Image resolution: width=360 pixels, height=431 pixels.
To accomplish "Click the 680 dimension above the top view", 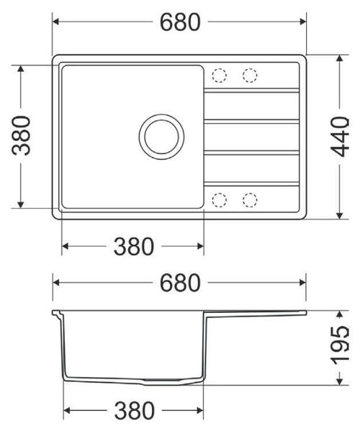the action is pyautogui.click(x=180, y=22).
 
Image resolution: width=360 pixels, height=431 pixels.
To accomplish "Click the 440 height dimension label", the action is pyautogui.click(x=340, y=137).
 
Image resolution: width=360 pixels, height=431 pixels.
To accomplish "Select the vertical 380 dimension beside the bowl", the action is pyautogui.click(x=21, y=135).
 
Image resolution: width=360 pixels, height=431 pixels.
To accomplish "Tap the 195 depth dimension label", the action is pyautogui.click(x=340, y=345).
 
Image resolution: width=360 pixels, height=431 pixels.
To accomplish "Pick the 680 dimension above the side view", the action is pyautogui.click(x=180, y=283).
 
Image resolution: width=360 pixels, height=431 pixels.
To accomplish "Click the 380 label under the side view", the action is pyautogui.click(x=134, y=411).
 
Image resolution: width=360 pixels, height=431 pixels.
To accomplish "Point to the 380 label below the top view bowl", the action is pyautogui.click(x=134, y=246).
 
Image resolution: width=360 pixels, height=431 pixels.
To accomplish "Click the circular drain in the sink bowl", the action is pyautogui.click(x=161, y=137).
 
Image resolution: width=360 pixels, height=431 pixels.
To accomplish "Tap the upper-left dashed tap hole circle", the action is pyautogui.click(x=219, y=75).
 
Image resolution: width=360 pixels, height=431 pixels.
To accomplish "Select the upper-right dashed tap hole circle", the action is pyautogui.click(x=250, y=75).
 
